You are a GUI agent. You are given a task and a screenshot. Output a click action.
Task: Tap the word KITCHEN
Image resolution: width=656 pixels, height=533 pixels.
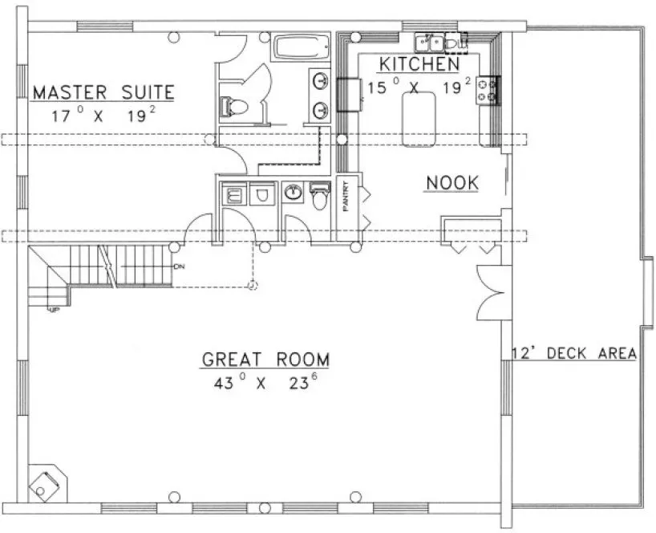[x=419, y=64]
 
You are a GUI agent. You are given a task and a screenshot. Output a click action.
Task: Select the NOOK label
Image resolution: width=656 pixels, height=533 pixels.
[x=452, y=183]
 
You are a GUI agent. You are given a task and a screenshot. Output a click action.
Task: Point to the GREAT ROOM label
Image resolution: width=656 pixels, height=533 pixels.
[x=265, y=359]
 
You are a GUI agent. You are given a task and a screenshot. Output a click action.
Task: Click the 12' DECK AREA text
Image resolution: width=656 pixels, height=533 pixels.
[x=574, y=353]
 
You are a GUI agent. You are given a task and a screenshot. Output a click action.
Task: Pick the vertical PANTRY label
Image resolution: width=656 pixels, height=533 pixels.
[x=346, y=195]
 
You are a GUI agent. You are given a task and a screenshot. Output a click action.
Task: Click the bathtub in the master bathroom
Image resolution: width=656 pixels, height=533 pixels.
[x=298, y=47]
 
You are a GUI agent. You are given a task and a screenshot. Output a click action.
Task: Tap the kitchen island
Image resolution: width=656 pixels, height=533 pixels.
[x=419, y=119]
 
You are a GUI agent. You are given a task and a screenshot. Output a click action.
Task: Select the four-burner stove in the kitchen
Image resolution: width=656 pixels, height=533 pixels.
[x=488, y=89]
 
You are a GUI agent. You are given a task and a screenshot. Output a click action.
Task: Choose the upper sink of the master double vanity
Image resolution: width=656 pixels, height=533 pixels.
[x=318, y=80]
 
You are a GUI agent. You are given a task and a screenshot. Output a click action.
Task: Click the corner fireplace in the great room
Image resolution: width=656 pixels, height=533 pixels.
[x=45, y=482]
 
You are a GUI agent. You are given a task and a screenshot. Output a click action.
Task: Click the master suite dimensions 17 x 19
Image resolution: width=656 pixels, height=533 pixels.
[x=102, y=115]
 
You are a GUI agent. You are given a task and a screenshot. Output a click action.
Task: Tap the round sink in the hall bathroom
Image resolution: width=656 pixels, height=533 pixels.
[x=293, y=193]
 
